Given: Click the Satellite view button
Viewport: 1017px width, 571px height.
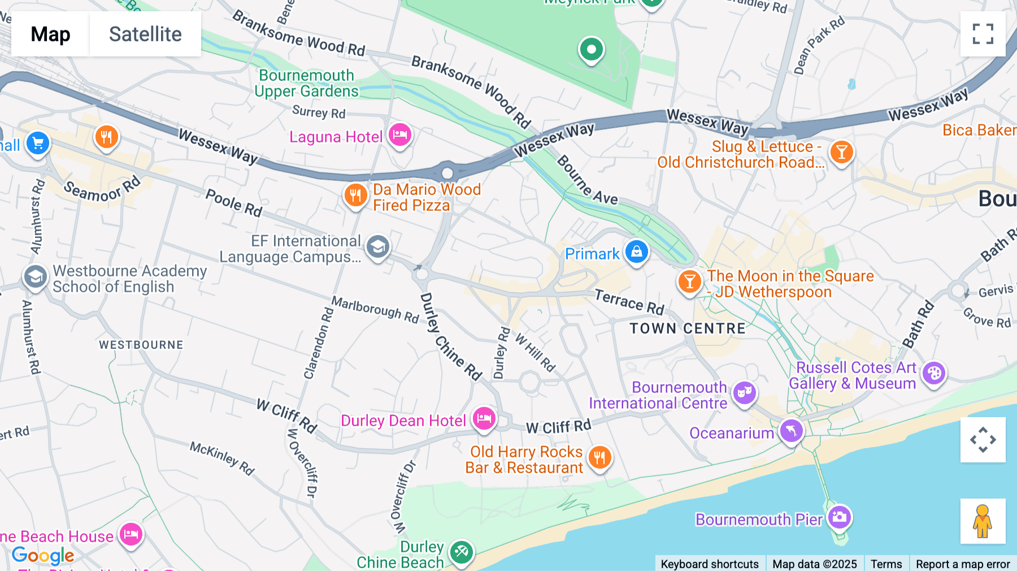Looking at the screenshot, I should (145, 34).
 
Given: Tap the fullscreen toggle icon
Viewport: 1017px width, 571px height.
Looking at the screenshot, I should (983, 34).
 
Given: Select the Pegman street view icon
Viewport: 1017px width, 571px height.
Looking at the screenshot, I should (983, 521).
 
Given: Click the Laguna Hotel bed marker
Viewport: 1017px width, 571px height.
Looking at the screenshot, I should (400, 135).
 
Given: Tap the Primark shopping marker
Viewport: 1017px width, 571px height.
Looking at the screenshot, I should (636, 252).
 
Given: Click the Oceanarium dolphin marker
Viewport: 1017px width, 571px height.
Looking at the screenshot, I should (791, 431).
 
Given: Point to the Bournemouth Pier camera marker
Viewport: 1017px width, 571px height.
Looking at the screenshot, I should (839, 517).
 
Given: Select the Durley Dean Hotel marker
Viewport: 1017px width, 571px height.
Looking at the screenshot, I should (484, 419).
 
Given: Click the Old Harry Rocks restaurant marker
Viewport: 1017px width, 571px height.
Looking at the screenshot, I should (599, 457).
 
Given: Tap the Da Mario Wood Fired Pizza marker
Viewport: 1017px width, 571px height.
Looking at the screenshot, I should (355, 196).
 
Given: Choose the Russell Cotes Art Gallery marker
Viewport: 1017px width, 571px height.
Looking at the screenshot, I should (934, 373).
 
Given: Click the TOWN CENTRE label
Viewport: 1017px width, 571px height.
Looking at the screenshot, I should (688, 328).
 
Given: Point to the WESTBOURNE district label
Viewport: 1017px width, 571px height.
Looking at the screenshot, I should (141, 345).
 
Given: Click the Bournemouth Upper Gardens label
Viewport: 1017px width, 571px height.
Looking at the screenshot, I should (306, 83).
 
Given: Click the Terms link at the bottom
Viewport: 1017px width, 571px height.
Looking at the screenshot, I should (886, 564).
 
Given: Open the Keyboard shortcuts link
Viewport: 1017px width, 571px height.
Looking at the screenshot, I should (710, 564).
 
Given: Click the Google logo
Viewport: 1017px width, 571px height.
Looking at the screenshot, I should (43, 556).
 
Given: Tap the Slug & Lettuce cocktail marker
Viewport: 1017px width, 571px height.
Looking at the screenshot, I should (841, 152).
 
